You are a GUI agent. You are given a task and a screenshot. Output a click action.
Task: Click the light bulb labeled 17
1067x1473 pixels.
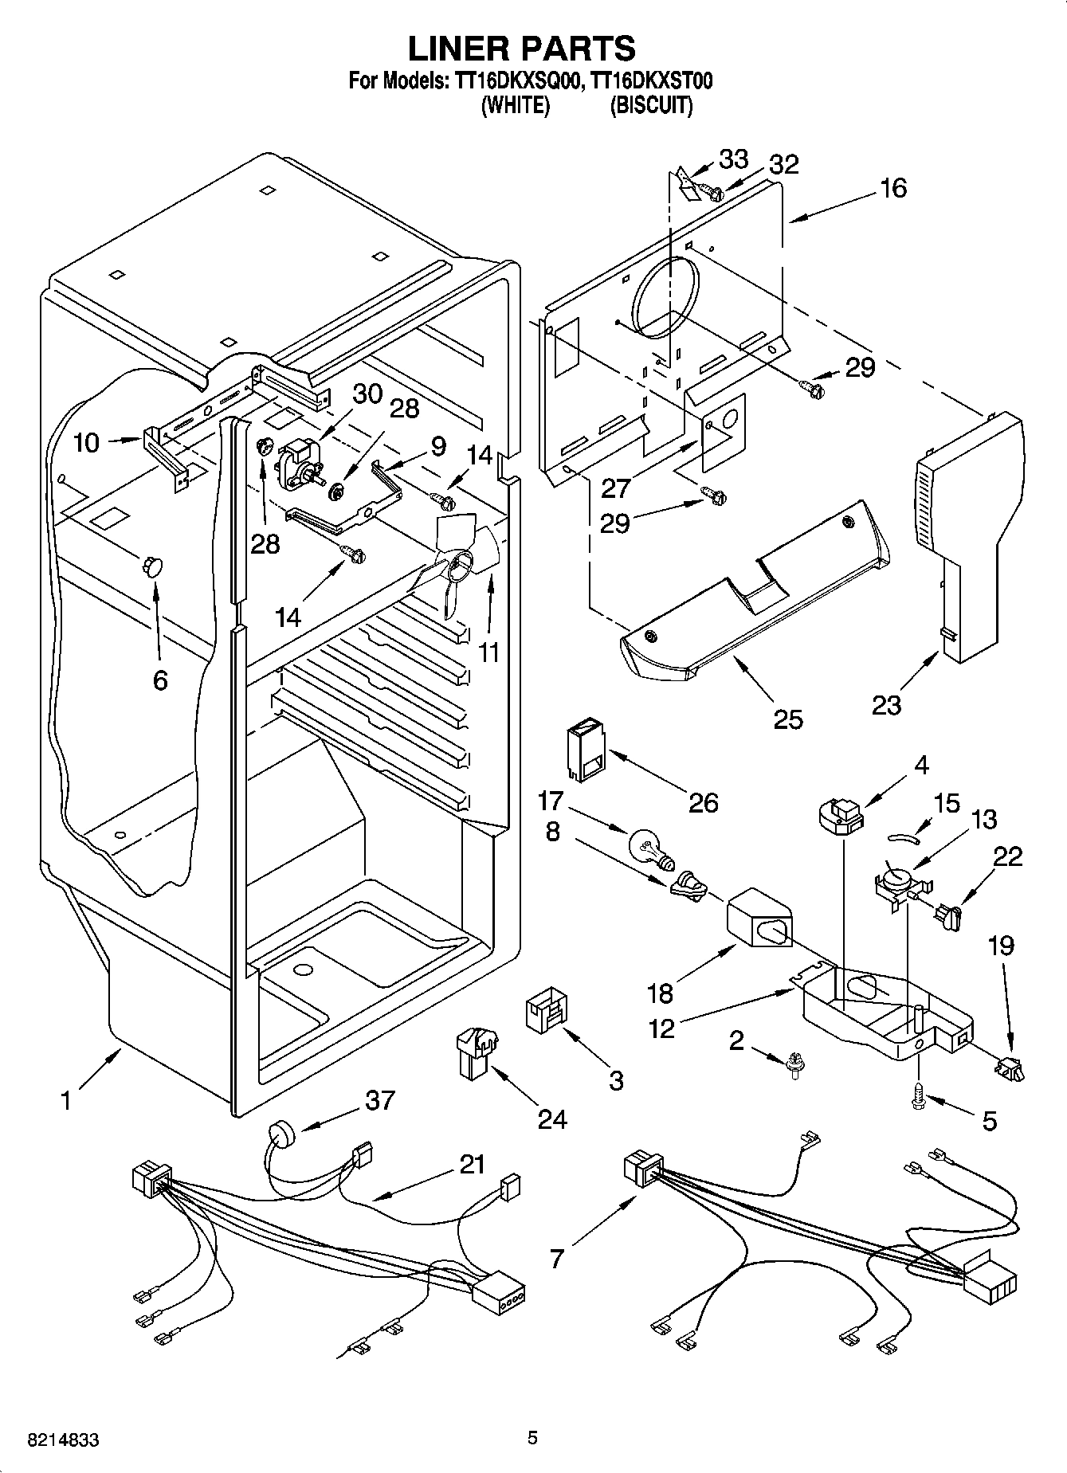coord(650,848)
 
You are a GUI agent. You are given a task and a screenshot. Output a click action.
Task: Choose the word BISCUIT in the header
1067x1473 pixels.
coord(650,105)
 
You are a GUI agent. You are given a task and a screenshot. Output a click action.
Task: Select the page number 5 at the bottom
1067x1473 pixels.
coord(532,1437)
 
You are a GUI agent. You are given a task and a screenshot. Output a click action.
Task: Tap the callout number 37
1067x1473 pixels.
coord(379,1100)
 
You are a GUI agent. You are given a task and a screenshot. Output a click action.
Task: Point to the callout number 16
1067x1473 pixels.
coord(893,188)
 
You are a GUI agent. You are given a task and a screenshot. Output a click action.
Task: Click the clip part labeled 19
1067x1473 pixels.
coord(1008,1068)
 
